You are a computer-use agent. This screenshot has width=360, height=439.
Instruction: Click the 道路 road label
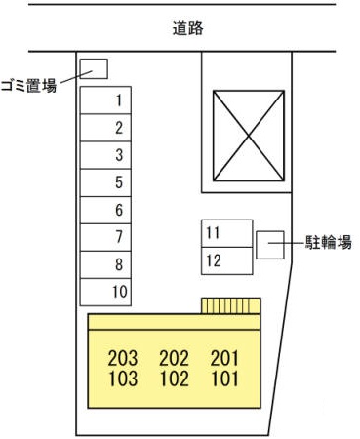[188, 28]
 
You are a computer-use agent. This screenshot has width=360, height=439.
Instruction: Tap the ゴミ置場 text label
[28, 86]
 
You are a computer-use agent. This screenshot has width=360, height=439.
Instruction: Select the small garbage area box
[94, 68]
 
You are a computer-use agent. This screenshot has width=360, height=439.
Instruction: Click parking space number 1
[105, 100]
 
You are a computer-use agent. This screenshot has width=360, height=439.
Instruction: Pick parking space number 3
[105, 155]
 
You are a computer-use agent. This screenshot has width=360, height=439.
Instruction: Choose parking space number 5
[105, 182]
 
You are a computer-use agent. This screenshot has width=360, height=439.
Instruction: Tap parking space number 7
[105, 237]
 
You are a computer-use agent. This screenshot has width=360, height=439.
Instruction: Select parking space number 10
[105, 292]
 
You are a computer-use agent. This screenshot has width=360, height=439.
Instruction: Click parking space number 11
[227, 233]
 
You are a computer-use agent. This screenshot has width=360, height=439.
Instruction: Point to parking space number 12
[227, 260]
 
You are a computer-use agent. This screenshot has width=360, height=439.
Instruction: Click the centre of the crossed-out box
[249, 136]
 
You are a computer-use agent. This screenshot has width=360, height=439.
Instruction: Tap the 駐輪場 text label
[328, 243]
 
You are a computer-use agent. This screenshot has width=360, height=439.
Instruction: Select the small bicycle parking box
[270, 245]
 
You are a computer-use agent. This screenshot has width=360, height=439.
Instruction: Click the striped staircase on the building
[231, 305]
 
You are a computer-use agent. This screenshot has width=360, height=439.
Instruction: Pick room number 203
[123, 358]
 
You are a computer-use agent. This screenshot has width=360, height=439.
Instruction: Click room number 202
[174, 358]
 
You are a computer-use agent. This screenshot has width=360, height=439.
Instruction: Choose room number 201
[224, 358]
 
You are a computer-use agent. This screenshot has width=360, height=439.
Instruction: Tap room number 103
[123, 379]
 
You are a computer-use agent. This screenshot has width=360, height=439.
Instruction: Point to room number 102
[175, 379]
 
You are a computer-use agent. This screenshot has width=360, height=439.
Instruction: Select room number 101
[225, 379]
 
